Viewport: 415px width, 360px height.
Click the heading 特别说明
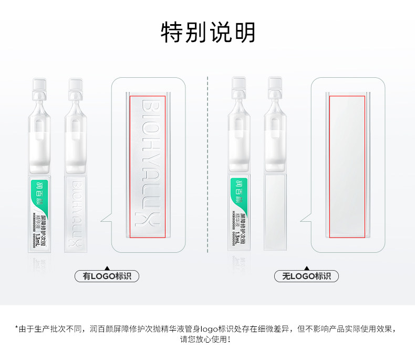point(207,33)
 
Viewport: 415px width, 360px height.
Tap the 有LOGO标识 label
point(107,276)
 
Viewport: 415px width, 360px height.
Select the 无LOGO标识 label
point(306,276)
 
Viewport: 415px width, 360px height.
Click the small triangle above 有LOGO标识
point(107,267)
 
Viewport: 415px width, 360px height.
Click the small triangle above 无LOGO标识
point(306,267)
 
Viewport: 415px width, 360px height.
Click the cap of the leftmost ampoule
point(40,85)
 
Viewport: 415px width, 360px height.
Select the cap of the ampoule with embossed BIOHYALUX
point(75,85)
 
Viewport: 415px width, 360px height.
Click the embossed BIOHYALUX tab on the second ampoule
point(75,213)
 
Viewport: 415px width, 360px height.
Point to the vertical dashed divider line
point(208,168)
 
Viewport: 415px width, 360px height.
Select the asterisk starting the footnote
point(17,328)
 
